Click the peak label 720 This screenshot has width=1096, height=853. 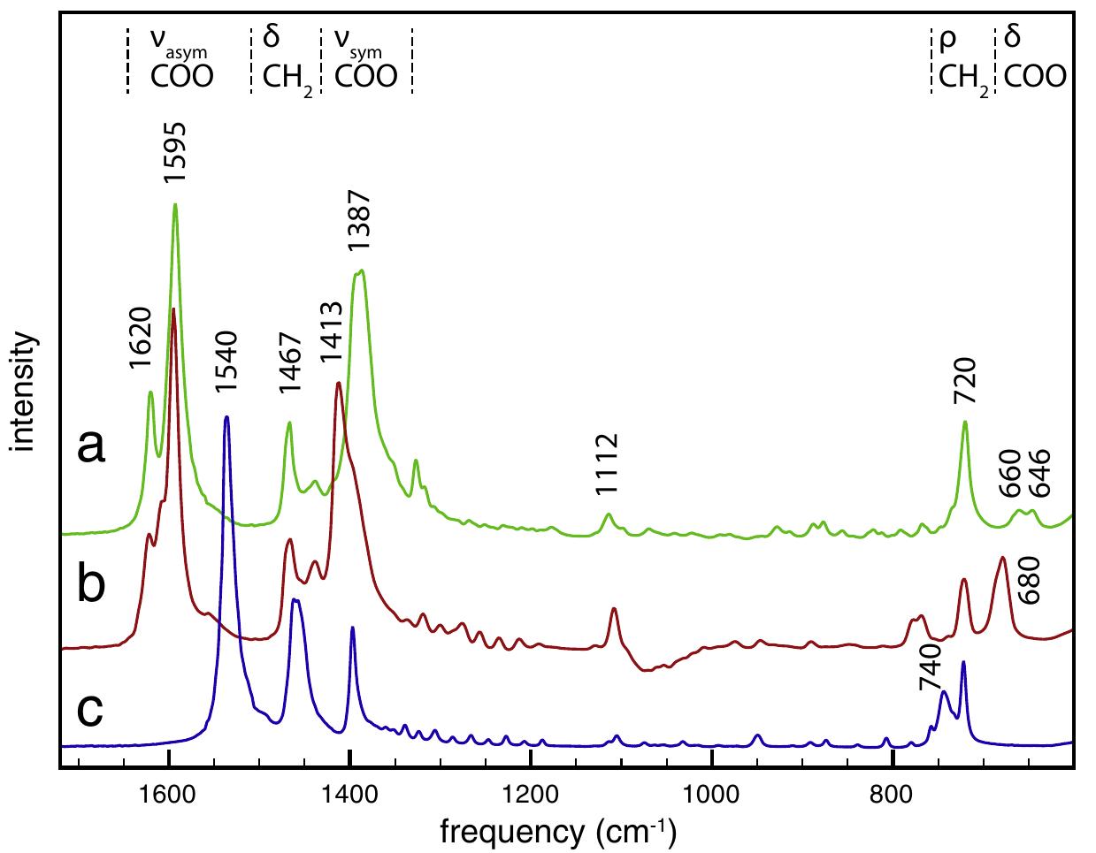click(x=965, y=380)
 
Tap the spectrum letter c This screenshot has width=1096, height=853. click(x=91, y=708)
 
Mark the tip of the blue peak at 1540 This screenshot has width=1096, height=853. click(x=226, y=416)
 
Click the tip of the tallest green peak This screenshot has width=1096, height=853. click(x=175, y=204)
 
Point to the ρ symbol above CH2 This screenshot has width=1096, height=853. click(x=947, y=42)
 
